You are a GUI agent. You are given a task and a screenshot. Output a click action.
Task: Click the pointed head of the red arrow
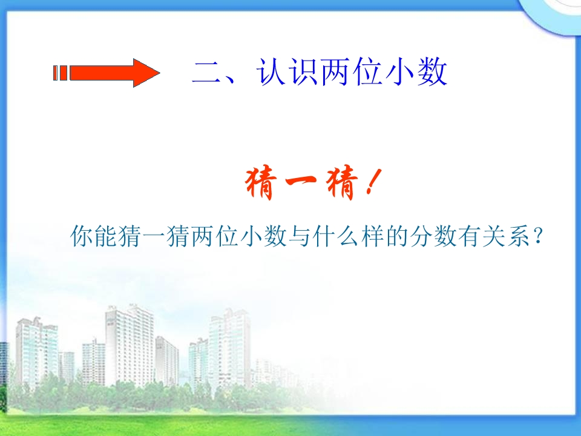coord(146,73)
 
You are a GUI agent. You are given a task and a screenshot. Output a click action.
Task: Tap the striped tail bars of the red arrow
coord(61,73)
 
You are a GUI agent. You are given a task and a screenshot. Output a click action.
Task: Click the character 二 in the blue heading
coord(206,72)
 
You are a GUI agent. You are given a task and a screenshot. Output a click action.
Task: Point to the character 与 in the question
coord(299,236)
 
